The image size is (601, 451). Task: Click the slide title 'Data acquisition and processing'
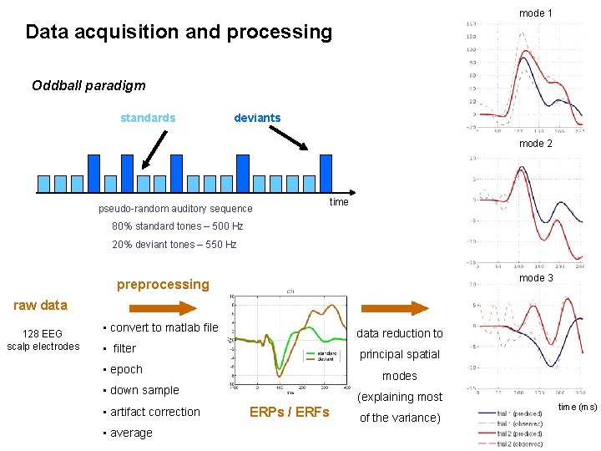pyautogui.click(x=179, y=33)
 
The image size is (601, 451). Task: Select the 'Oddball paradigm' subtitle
pyautogui.click(x=88, y=85)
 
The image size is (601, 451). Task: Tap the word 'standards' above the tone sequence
pyautogui.click(x=148, y=118)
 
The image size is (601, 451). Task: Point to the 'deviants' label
pyautogui.click(x=257, y=118)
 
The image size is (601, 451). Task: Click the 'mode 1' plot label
pyautogui.click(x=536, y=13)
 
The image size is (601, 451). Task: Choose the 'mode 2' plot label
pyautogui.click(x=536, y=144)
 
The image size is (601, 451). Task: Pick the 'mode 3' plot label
pyautogui.click(x=536, y=278)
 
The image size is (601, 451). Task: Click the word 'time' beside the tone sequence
pyautogui.click(x=339, y=202)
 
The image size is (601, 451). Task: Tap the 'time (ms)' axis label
pyautogui.click(x=578, y=407)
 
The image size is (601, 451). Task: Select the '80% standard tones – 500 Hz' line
pyautogui.click(x=178, y=226)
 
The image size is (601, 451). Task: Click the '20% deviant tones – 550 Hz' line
pyautogui.click(x=174, y=245)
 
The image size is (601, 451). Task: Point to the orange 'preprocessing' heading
pyautogui.click(x=163, y=284)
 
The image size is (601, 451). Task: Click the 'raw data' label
pyautogui.click(x=40, y=305)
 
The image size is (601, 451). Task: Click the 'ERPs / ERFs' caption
pyautogui.click(x=290, y=412)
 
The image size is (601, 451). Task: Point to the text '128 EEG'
pyautogui.click(x=43, y=334)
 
